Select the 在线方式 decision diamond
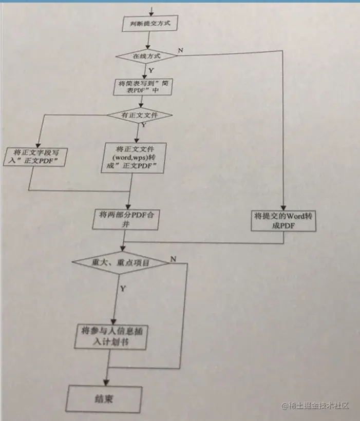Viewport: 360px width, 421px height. [147, 55]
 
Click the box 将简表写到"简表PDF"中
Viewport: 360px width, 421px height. [141, 87]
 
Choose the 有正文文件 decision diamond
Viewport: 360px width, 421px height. [139, 115]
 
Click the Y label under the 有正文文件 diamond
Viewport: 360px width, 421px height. [143, 124]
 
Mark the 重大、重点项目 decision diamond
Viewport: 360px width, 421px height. [121, 262]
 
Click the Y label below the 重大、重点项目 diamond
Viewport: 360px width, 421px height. [123, 289]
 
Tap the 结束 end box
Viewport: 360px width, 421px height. [104, 398]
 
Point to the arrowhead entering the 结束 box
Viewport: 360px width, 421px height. [105, 382]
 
